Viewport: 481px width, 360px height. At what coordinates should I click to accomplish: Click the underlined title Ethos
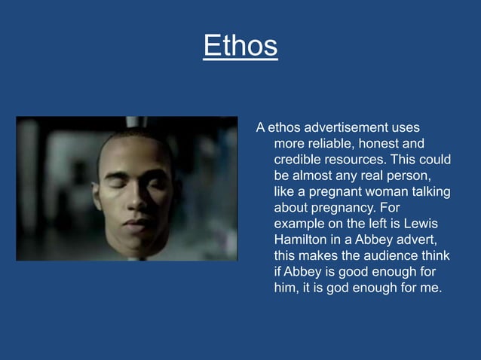(240, 46)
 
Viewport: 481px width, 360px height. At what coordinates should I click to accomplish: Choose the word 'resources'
(355, 160)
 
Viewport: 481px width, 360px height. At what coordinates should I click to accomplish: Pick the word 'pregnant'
(330, 192)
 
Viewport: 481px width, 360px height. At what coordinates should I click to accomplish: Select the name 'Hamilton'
(301, 240)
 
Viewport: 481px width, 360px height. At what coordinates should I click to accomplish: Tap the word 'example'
(301, 224)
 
